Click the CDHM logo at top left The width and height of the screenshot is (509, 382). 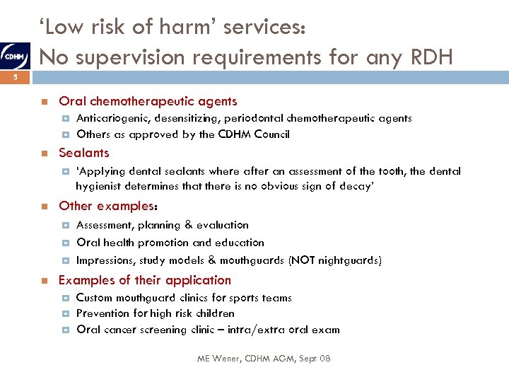tap(14, 54)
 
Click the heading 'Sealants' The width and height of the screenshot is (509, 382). tap(84, 153)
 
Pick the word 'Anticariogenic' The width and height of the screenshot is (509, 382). tap(108, 119)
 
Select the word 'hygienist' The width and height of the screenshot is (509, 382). tap(100, 186)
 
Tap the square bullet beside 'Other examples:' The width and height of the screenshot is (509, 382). tap(44, 207)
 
